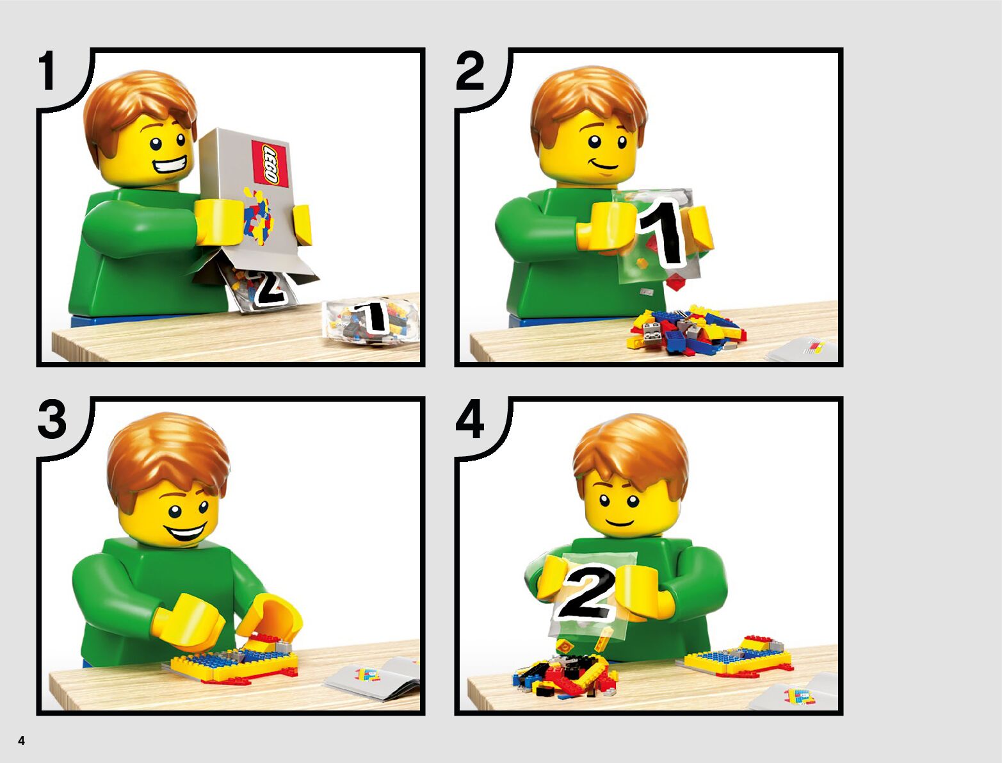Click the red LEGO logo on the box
click(x=270, y=163)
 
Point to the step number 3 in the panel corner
click(x=52, y=420)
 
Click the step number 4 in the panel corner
click(x=470, y=420)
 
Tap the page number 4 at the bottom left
click(x=21, y=741)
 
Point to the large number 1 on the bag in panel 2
click(x=661, y=233)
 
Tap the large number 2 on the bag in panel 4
click(x=588, y=592)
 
